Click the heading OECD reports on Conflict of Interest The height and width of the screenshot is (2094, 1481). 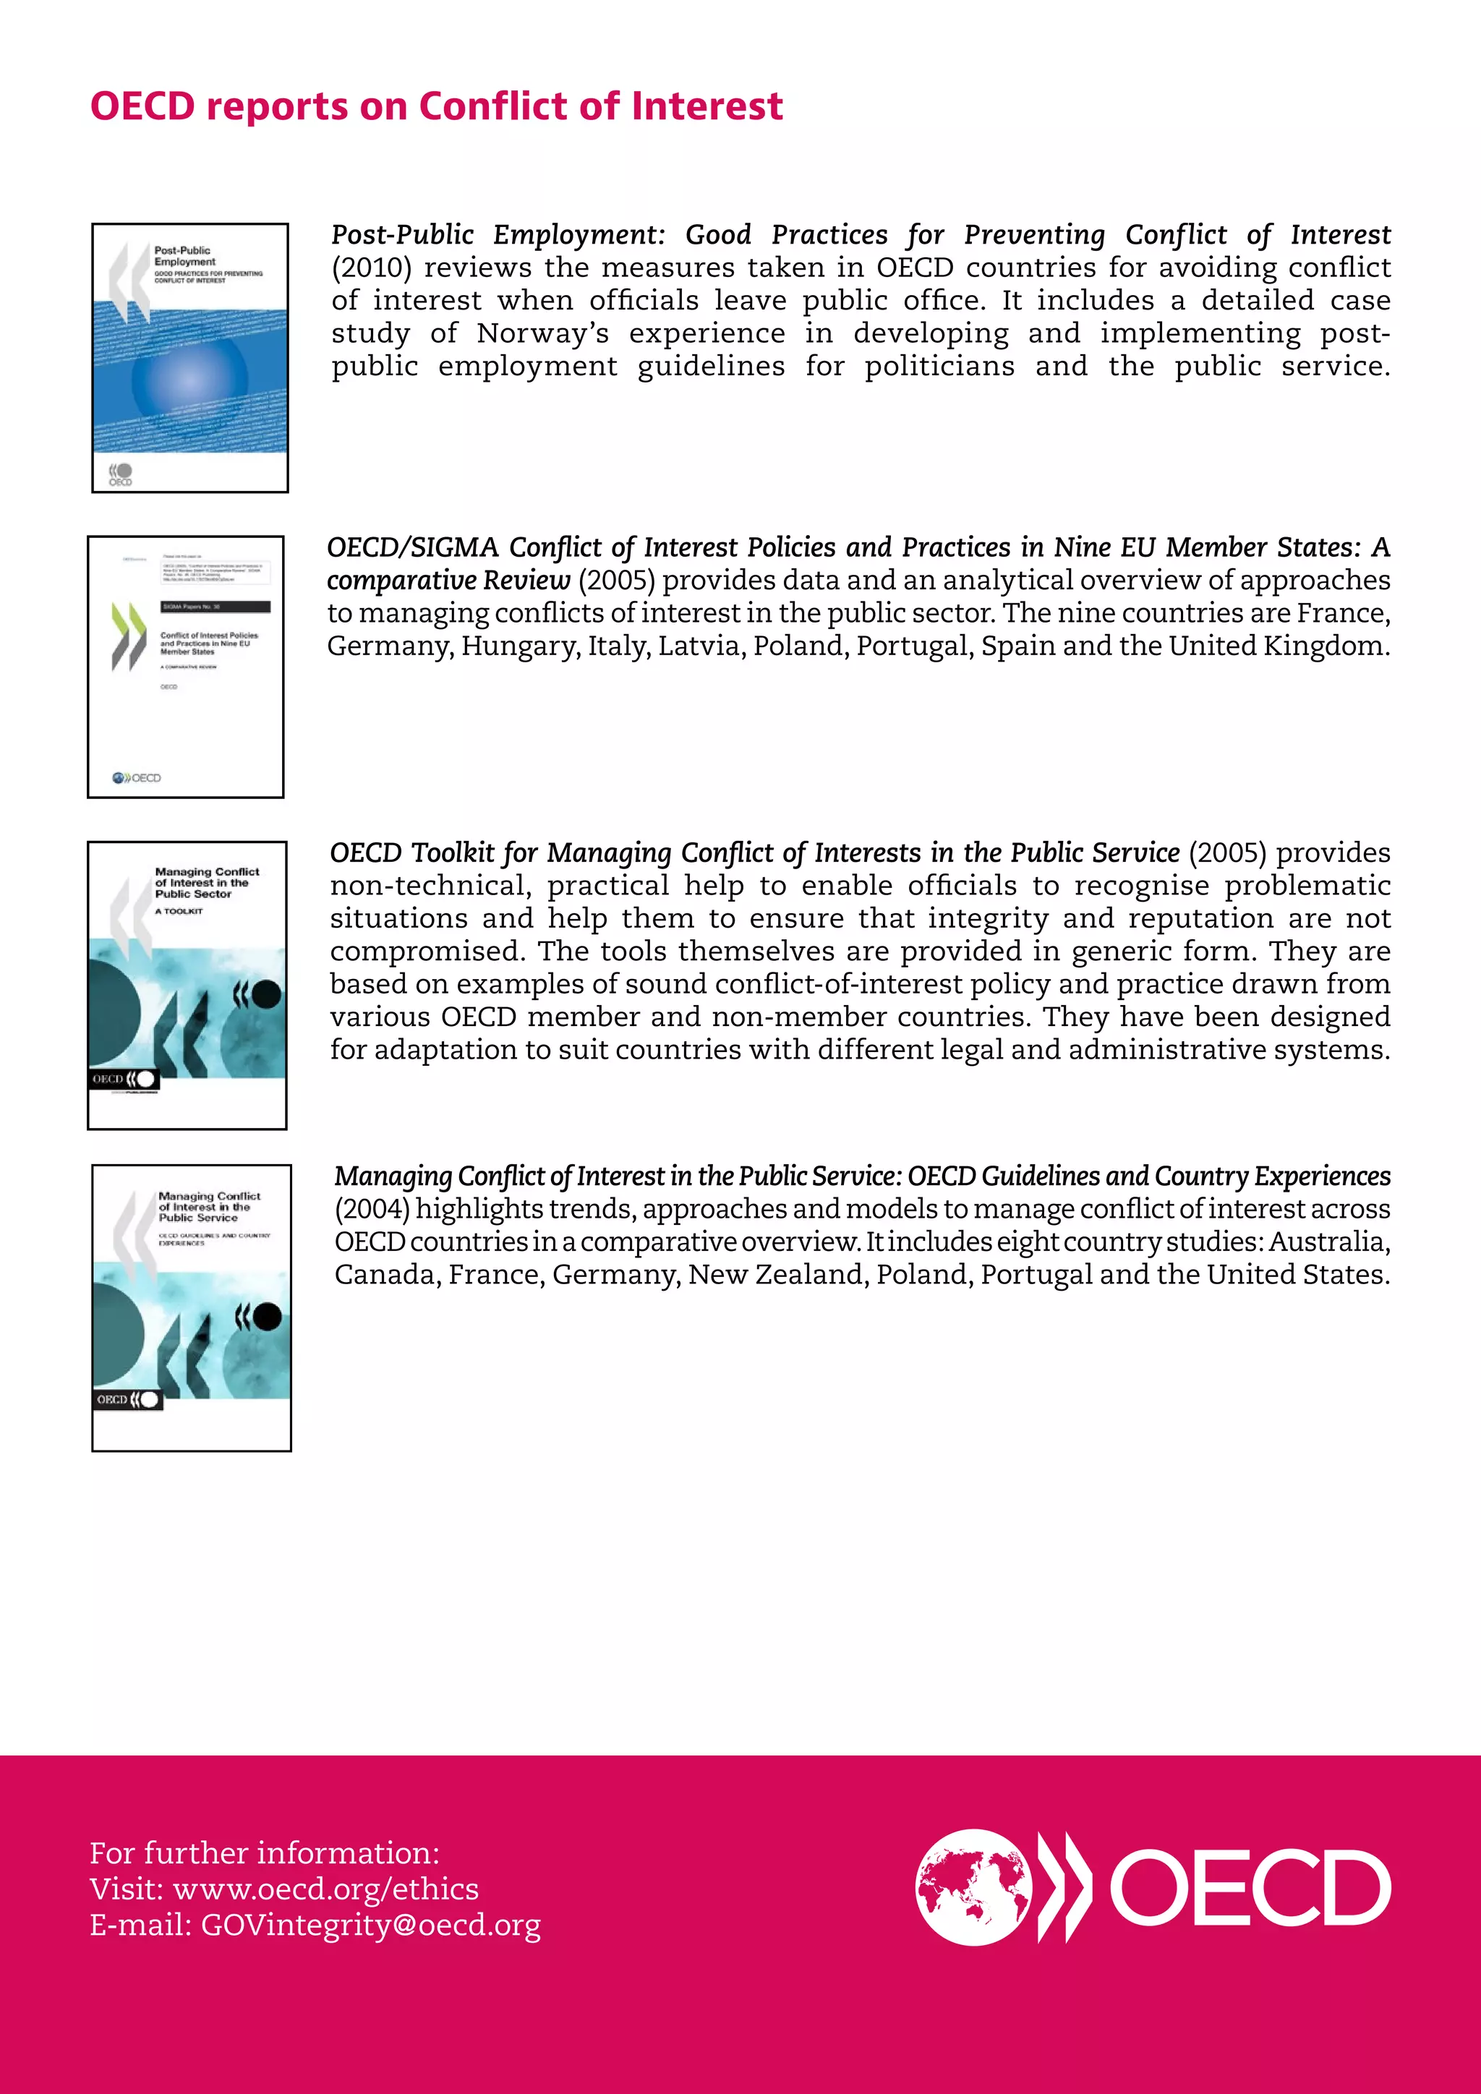(x=436, y=107)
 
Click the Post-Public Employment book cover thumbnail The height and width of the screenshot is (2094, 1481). (x=189, y=357)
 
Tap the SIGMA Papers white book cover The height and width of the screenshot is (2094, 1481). (x=186, y=667)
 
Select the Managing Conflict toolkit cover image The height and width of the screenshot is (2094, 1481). (x=187, y=985)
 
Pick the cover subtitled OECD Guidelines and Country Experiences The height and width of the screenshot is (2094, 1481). (x=192, y=1307)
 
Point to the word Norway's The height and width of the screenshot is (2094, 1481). (x=542, y=334)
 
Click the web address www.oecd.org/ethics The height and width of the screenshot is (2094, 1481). (x=325, y=1889)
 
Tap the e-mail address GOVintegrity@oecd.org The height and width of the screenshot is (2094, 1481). (x=370, y=1924)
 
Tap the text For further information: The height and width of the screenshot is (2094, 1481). (x=265, y=1853)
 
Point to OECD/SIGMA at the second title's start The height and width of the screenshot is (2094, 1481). (x=412, y=547)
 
